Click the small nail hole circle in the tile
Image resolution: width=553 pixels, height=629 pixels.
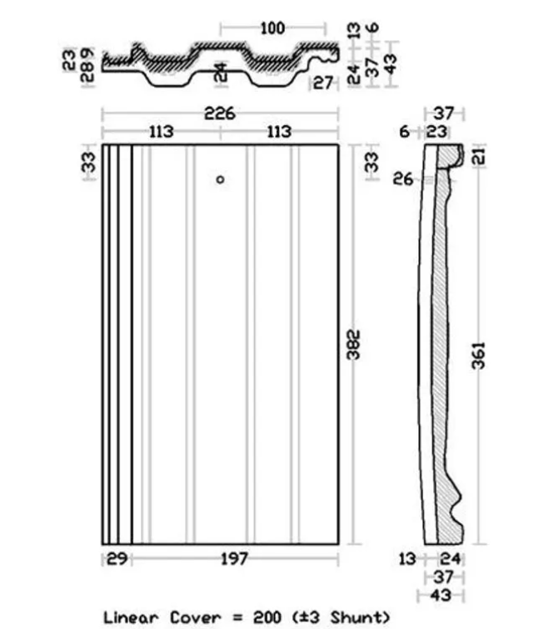click(220, 180)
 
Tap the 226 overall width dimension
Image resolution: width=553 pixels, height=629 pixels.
click(219, 113)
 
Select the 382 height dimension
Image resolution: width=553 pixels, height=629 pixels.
click(354, 344)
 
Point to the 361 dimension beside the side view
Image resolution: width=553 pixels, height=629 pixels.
click(478, 355)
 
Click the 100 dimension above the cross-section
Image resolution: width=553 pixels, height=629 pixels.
click(272, 28)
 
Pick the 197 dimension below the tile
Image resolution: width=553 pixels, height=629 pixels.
click(235, 559)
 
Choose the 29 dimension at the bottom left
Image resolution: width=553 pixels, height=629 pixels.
click(117, 559)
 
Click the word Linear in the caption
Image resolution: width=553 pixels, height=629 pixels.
click(131, 617)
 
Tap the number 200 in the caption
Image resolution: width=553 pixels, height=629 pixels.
click(267, 617)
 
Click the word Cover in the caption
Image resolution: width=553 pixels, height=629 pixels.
click(195, 617)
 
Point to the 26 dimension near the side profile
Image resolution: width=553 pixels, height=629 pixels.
click(403, 179)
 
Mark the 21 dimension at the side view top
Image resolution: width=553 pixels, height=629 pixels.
click(480, 156)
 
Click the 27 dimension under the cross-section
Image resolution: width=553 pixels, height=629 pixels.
click(323, 83)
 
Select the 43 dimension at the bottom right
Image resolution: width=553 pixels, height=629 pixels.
click(441, 596)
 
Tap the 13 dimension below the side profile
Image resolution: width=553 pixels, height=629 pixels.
click(407, 559)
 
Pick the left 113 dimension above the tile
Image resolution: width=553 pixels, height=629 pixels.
click(162, 132)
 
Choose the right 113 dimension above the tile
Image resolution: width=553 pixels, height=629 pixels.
click(279, 132)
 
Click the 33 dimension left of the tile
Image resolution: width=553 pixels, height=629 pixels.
click(89, 162)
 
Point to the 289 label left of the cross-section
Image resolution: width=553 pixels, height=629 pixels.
click(87, 65)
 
